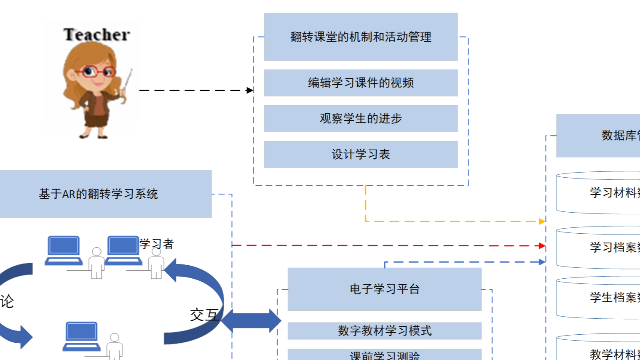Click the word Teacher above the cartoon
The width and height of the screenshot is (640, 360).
pos(96,35)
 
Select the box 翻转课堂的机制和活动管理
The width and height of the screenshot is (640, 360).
pos(361,37)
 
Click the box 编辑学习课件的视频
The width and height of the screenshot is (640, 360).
pos(361,83)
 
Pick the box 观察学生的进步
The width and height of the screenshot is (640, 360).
pos(361,119)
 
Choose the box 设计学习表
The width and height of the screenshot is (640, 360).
pos(361,155)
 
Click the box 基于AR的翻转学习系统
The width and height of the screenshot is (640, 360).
pos(99,194)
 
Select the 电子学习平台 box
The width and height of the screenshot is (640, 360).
pos(384,289)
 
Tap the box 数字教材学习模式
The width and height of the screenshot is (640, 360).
pos(384,331)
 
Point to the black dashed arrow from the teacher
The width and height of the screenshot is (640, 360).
pos(194,90)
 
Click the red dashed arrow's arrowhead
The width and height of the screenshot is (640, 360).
pos(542,246)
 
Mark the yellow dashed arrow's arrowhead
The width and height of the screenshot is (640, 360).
pos(542,221)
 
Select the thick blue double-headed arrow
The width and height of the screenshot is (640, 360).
pos(251,321)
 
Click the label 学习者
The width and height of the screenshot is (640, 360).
pos(157,244)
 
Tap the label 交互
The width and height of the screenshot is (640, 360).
pos(204,315)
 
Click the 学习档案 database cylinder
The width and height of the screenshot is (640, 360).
pos(598,248)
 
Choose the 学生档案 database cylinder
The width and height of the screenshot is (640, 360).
pos(598,298)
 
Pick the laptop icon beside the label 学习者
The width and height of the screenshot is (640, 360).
pos(123,250)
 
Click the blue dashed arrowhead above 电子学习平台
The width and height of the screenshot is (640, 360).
pos(542,262)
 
